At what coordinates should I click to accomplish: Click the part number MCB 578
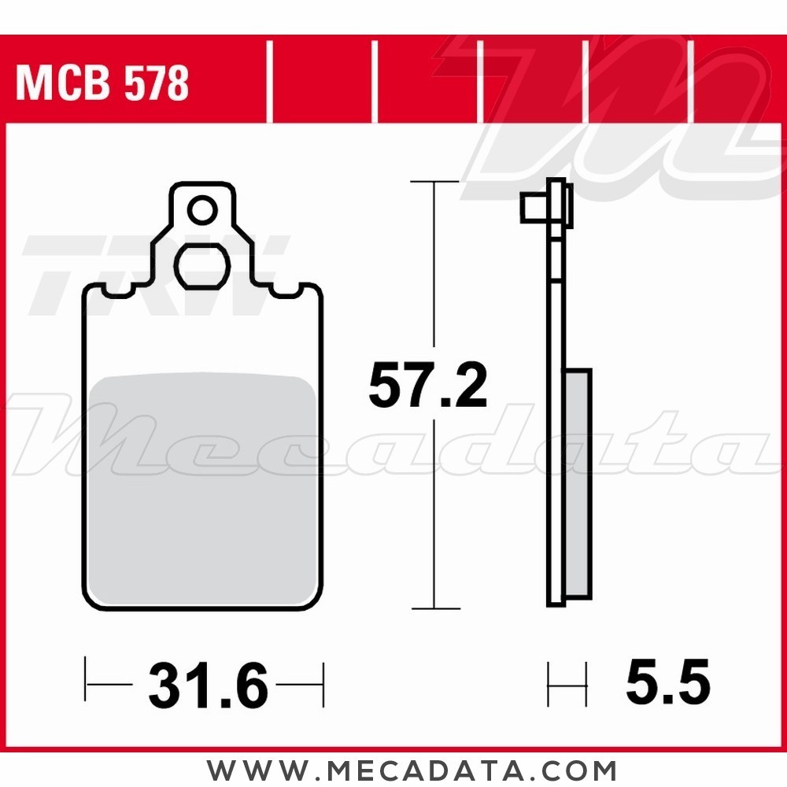click(x=102, y=83)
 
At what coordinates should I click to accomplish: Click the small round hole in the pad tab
click(x=202, y=211)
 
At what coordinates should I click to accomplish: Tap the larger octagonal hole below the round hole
click(x=202, y=268)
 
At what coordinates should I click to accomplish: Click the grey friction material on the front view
click(x=205, y=488)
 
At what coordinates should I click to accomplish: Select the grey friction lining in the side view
click(x=578, y=480)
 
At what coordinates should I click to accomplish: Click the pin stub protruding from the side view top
click(x=532, y=209)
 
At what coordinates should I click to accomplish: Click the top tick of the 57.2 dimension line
click(x=435, y=183)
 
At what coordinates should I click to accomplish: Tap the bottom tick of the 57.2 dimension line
click(x=435, y=608)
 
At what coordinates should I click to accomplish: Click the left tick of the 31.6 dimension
click(x=87, y=685)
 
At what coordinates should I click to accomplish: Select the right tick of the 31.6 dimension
click(x=323, y=685)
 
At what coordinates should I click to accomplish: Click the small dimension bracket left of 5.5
click(x=567, y=685)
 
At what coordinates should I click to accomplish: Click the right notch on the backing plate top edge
click(x=288, y=293)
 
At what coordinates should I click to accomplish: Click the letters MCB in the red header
click(x=60, y=83)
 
